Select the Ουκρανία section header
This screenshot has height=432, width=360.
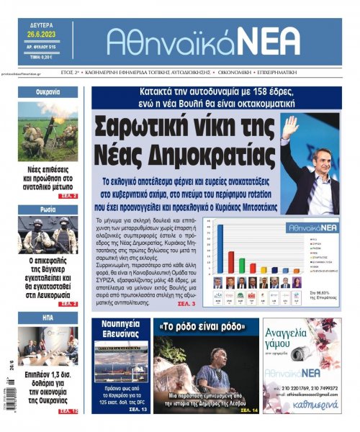tap(48, 93)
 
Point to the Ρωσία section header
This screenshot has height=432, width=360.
tap(48, 210)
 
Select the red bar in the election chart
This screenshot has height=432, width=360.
tap(231, 261)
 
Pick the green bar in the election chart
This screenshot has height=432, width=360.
tap(242, 266)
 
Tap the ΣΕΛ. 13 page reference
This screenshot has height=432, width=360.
tap(139, 409)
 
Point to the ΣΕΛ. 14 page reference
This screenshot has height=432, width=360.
tap(248, 410)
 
